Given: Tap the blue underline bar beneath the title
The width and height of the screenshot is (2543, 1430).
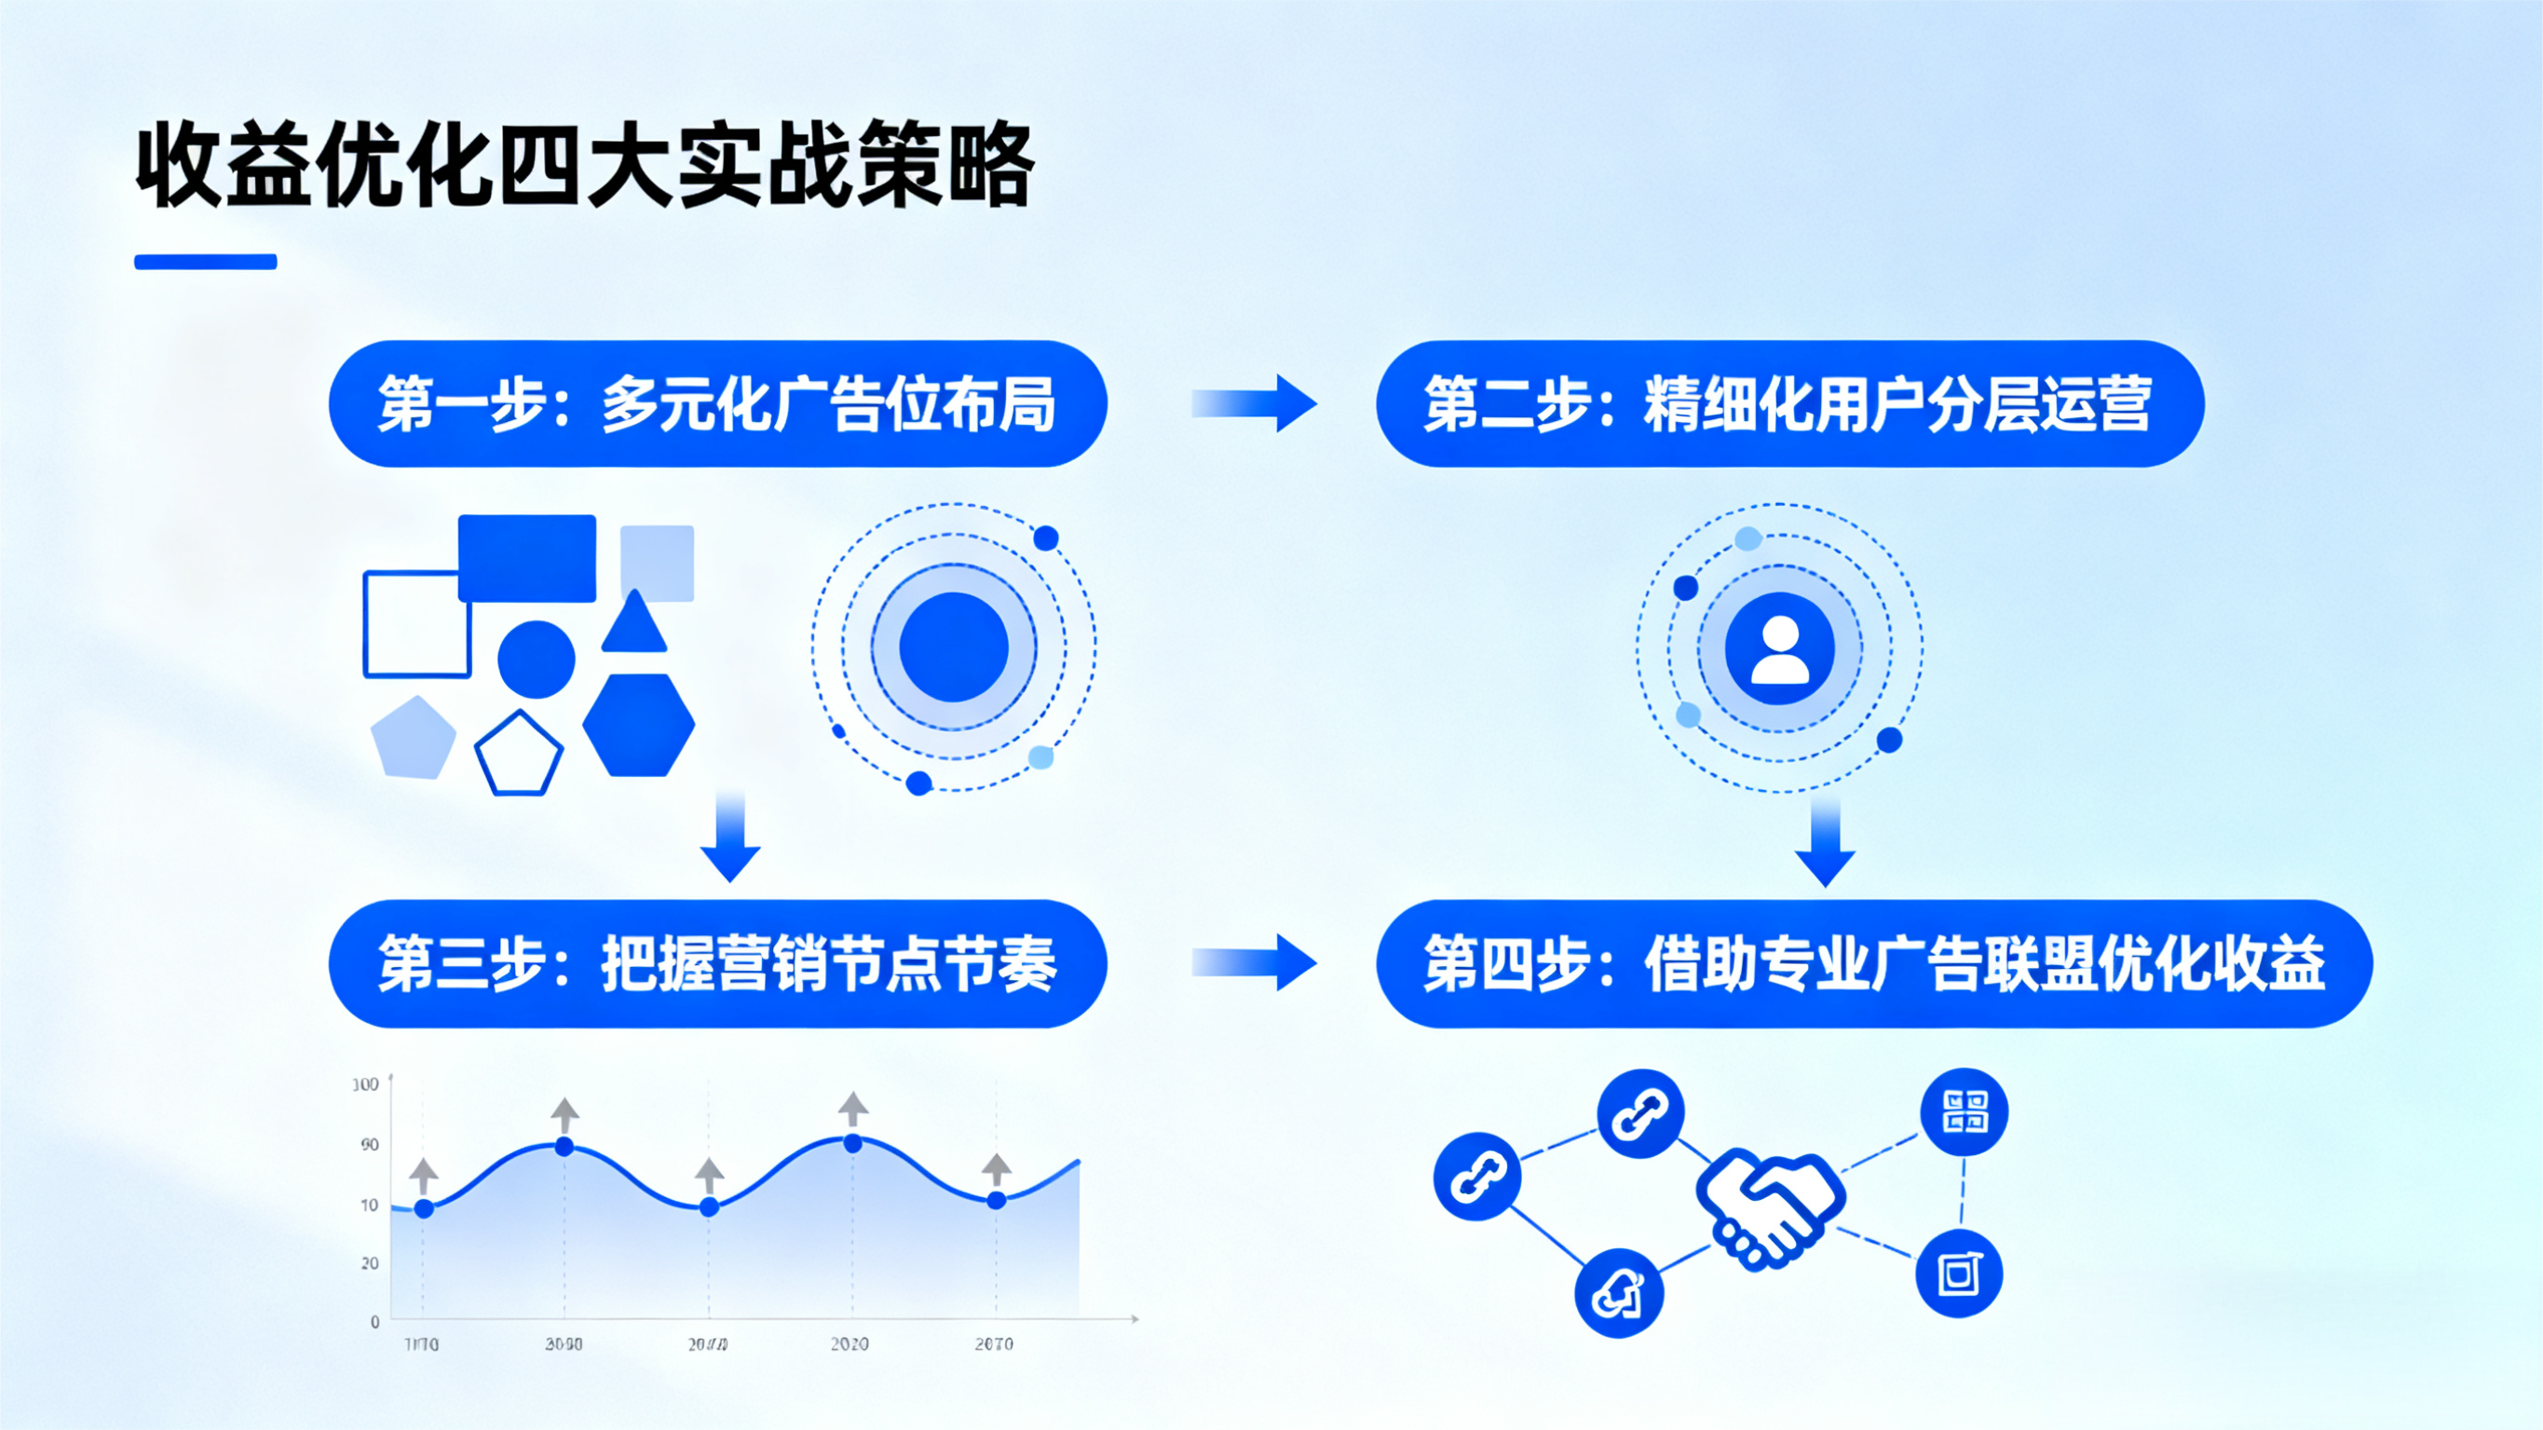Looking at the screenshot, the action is (x=205, y=262).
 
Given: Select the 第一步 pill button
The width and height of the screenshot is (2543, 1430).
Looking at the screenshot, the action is (x=717, y=404).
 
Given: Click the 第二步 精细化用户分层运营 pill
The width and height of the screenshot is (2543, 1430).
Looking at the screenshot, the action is (x=1788, y=404).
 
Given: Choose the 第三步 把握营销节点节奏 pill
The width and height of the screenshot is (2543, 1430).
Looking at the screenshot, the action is (x=717, y=964).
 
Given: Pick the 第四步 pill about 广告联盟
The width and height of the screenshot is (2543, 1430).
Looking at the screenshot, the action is (x=1872, y=964).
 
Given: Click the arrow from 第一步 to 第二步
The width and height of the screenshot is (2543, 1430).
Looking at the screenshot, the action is (x=1254, y=403).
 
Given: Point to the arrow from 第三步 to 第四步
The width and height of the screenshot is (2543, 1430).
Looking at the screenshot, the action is (x=1254, y=963).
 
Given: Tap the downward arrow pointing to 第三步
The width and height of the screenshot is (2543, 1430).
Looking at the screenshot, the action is (x=730, y=838).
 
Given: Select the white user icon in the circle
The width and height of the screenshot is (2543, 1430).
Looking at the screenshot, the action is (x=1780, y=648).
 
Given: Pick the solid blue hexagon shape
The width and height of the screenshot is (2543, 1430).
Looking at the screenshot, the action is (x=639, y=725).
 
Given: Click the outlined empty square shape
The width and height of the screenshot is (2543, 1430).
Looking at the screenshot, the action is (x=416, y=624).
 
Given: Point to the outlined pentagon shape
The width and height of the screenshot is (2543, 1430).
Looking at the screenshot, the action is (x=518, y=754).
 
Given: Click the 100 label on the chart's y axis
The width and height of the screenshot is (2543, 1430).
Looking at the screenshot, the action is (x=366, y=1084).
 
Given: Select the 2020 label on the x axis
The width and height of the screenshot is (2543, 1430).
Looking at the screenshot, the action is (x=849, y=1344).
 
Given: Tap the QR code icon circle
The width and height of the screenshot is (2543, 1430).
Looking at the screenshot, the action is (x=1964, y=1112).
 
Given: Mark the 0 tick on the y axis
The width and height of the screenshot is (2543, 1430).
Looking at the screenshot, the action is (x=375, y=1321).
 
